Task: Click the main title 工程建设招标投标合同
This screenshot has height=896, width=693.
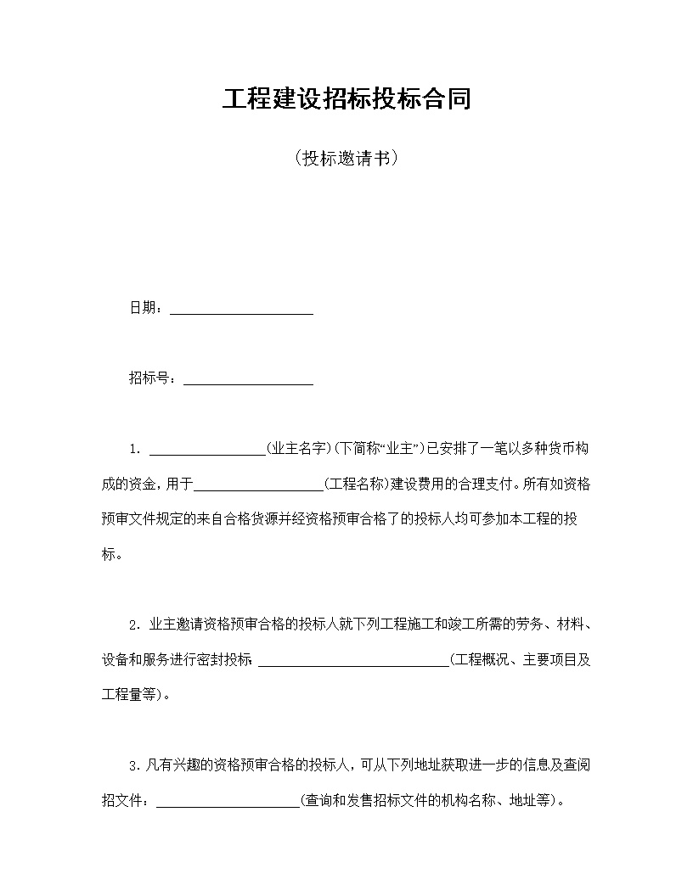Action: pos(346,99)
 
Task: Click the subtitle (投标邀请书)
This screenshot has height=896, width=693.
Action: pos(346,159)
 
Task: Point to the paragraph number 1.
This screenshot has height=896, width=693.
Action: pos(133,449)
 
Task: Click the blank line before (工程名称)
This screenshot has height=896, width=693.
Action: pos(259,486)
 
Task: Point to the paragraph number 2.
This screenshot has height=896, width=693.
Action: pos(133,625)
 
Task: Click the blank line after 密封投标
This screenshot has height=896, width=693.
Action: pos(353,663)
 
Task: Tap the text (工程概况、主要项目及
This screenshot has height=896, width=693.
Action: pos(521,660)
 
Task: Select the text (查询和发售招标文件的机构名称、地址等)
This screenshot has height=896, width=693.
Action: pos(430,800)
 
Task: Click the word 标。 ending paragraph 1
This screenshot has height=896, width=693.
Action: pos(111,555)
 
